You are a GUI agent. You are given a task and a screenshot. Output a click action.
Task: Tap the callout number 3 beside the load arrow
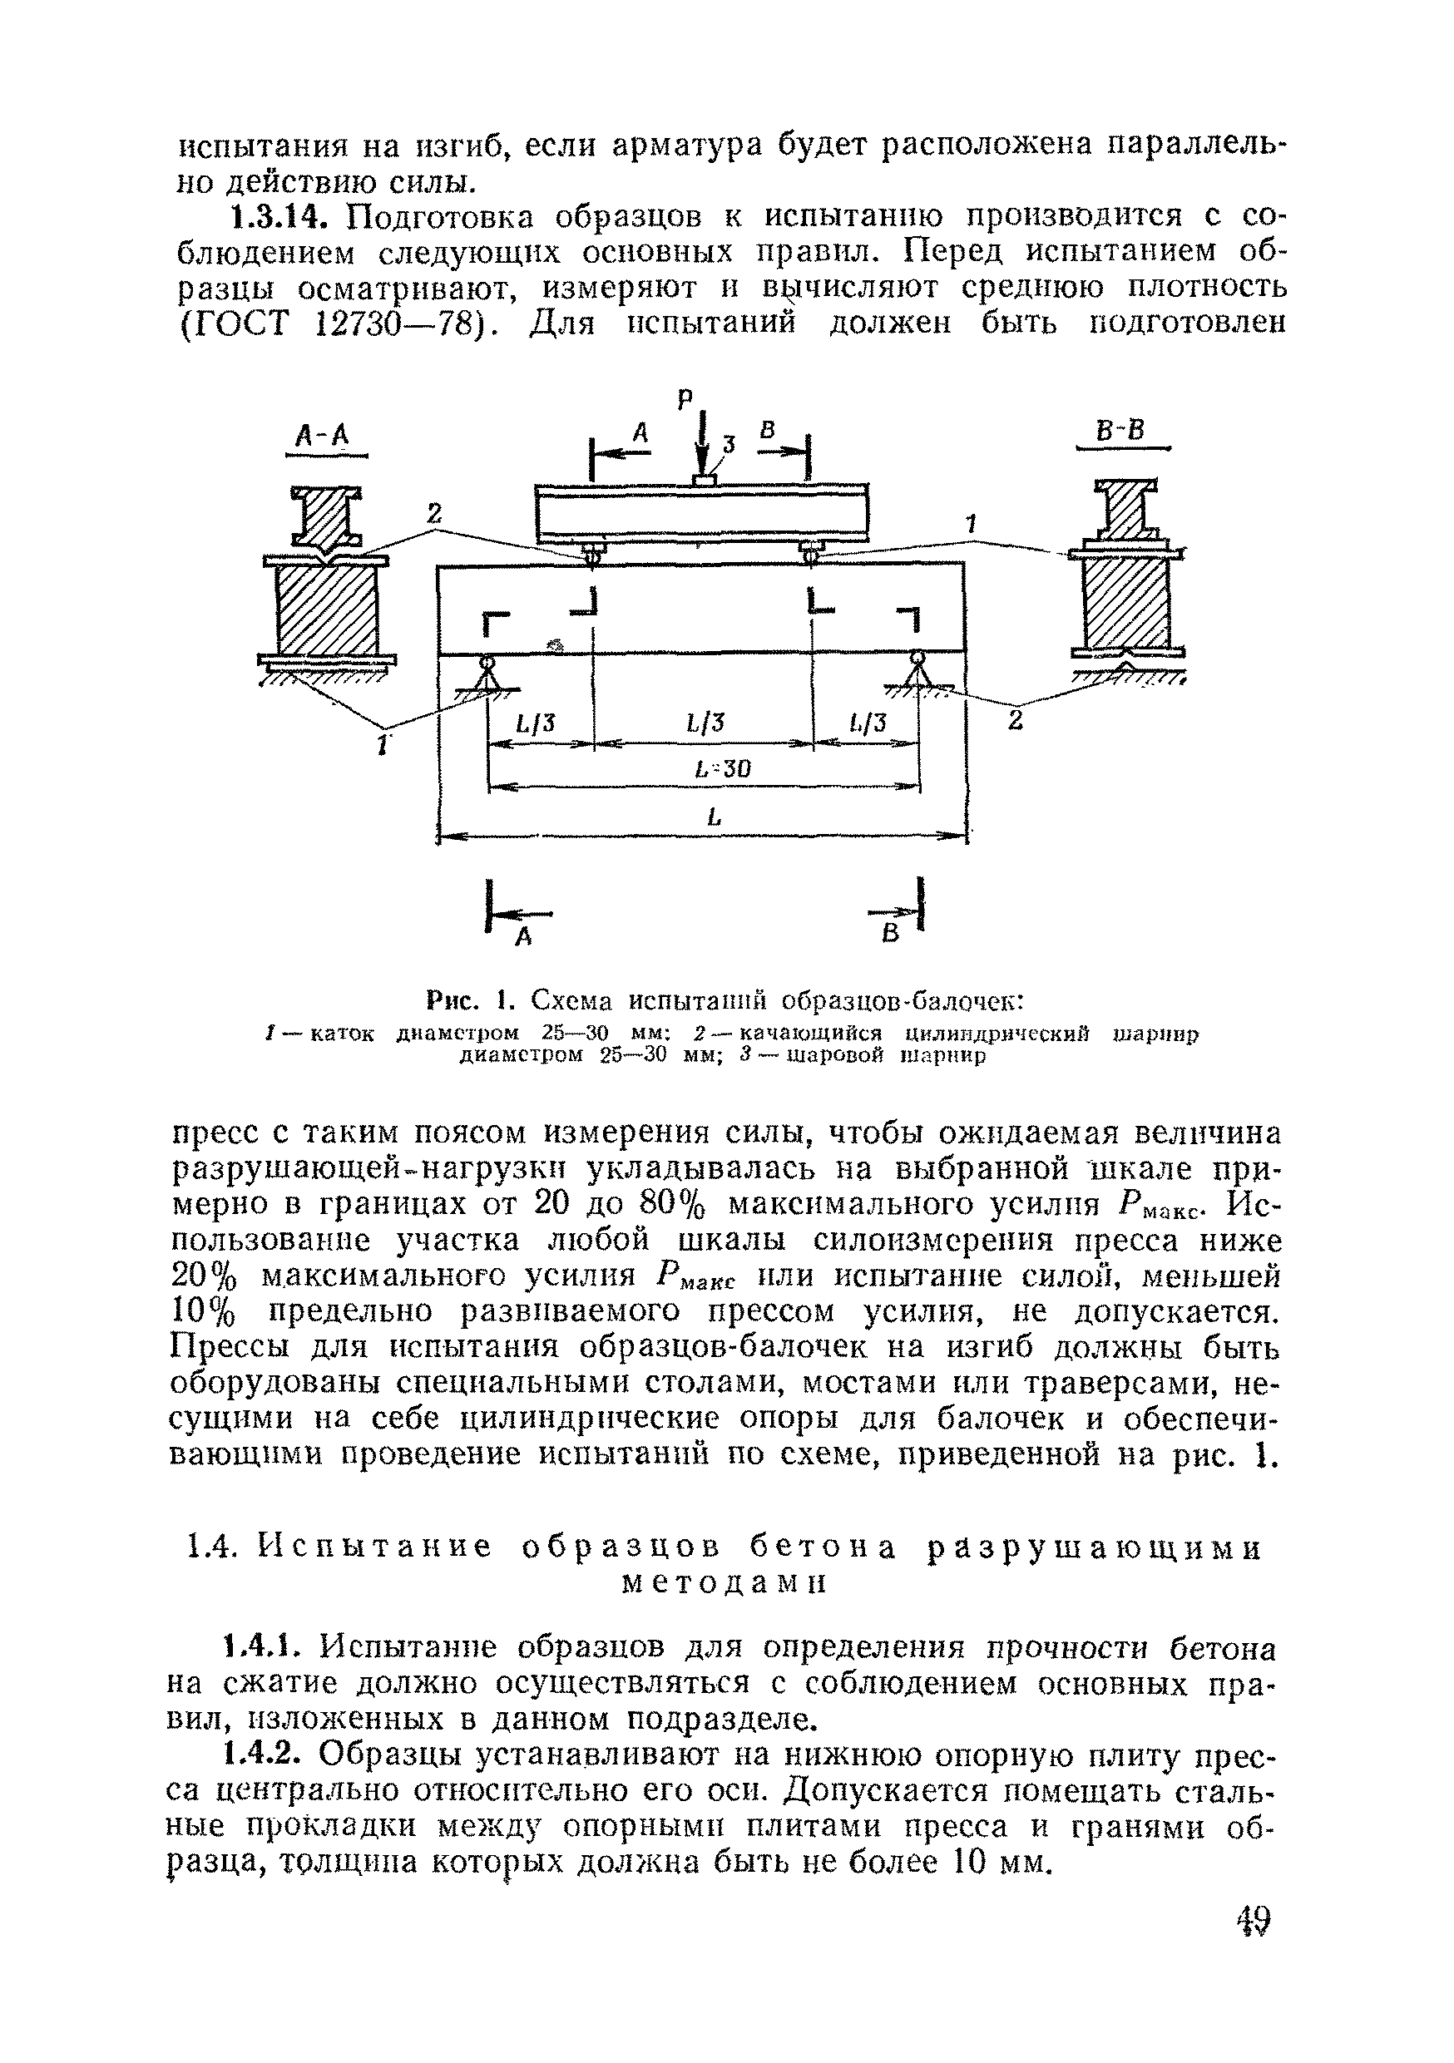click(x=729, y=443)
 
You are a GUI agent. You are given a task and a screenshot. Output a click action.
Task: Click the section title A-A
click(x=323, y=437)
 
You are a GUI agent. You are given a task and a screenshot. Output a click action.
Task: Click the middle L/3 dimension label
click(x=705, y=723)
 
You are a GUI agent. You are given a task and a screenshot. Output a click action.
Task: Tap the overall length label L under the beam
click(x=714, y=817)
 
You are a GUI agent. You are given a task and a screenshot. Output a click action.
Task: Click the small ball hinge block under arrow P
click(x=703, y=481)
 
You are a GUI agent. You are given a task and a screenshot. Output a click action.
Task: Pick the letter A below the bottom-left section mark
click(x=523, y=938)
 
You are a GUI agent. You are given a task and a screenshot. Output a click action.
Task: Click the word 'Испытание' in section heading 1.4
click(x=376, y=1547)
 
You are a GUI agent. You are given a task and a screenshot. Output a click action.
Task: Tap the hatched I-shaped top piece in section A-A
click(x=324, y=517)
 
